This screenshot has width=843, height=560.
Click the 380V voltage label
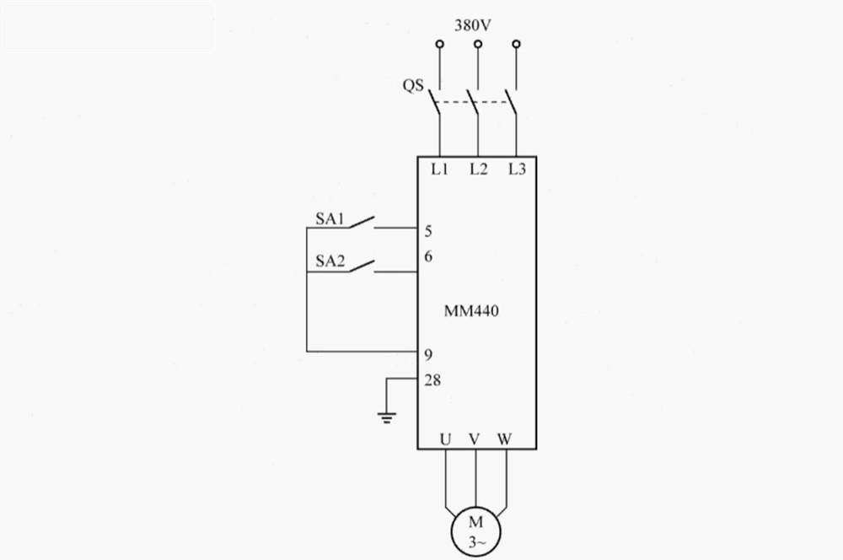tap(473, 25)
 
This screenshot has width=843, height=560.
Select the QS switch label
tap(413, 85)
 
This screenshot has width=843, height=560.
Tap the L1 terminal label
tap(439, 169)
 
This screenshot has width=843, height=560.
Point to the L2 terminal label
tap(478, 169)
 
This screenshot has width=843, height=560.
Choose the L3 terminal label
tap(517, 169)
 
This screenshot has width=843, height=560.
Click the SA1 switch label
tap(330, 218)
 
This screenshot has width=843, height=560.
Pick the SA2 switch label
tap(330, 261)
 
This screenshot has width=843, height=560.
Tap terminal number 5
tap(428, 231)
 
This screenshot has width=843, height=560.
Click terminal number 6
tap(428, 256)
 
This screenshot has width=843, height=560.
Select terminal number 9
tap(428, 355)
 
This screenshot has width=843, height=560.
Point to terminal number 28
tap(432, 380)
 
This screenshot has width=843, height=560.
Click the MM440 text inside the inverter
tap(471, 311)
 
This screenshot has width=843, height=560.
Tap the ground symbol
tap(387, 417)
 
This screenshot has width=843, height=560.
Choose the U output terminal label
tap(445, 439)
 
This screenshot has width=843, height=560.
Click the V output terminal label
tap(474, 439)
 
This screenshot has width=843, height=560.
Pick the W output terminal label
tap(504, 439)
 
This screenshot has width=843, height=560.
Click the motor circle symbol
tap(475, 507)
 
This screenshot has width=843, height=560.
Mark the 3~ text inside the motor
tap(475, 542)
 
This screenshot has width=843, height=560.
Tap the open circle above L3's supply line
tap(517, 44)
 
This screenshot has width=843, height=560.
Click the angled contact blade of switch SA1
tap(362, 222)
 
